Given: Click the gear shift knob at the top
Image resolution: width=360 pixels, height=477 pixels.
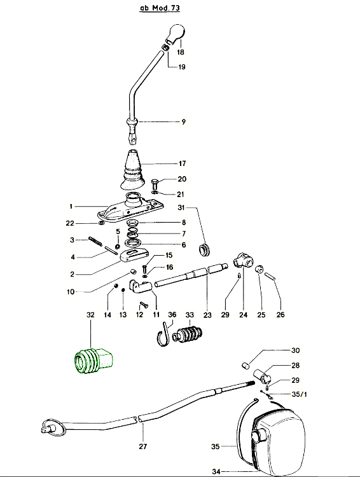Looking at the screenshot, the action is [x=176, y=33].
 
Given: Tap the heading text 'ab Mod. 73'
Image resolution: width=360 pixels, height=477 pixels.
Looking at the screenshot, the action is [x=160, y=8].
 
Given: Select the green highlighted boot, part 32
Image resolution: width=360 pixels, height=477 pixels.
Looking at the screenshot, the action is [x=93, y=361].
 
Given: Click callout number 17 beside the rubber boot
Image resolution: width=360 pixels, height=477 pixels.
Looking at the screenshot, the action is [x=182, y=163].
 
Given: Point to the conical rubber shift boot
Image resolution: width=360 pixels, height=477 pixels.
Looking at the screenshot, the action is [x=131, y=169].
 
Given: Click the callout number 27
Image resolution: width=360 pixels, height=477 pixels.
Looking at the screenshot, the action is [x=143, y=446].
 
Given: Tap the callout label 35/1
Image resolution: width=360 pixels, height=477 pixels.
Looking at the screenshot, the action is [x=300, y=394].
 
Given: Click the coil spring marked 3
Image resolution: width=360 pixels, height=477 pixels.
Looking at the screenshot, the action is [x=95, y=242].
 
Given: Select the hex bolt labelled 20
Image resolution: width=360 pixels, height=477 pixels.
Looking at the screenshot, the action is [x=155, y=184].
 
